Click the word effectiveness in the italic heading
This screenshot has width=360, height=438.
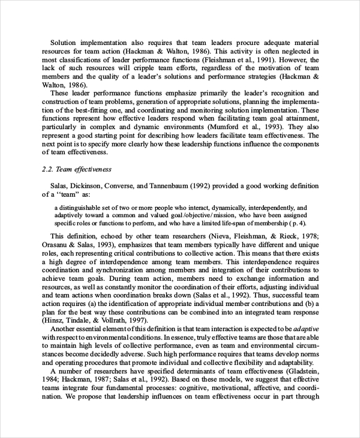pos(91,169)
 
